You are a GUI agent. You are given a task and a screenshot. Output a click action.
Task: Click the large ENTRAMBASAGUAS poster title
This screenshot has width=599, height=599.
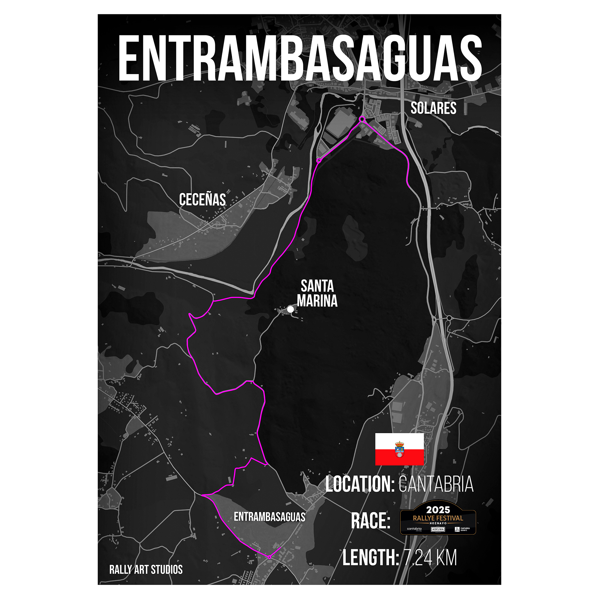299,58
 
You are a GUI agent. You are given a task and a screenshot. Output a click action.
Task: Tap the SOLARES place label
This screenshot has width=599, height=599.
433,108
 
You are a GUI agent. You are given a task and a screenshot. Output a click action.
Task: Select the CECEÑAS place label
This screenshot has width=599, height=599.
202,199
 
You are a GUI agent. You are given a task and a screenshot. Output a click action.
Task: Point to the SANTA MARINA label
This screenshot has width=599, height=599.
317,293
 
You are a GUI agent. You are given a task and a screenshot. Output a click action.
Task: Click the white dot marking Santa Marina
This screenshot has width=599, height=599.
290,309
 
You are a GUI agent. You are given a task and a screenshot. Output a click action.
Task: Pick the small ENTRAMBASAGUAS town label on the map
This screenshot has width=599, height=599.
269,517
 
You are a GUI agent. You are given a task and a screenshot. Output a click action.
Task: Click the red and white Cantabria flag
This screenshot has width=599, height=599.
399,449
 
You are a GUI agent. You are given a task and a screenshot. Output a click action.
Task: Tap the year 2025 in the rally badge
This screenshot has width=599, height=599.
438,510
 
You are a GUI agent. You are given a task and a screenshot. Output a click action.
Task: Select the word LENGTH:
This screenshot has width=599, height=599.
371,557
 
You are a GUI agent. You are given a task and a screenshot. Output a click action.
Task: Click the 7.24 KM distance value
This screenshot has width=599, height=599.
430,557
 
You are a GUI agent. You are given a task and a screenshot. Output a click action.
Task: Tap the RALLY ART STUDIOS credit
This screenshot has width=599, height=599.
146,569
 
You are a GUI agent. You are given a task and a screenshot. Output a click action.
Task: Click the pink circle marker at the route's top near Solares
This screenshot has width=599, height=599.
362,119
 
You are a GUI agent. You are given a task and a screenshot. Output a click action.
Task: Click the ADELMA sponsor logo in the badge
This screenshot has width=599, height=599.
438,529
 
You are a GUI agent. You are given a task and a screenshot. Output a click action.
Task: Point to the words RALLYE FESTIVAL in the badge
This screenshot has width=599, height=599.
438,518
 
